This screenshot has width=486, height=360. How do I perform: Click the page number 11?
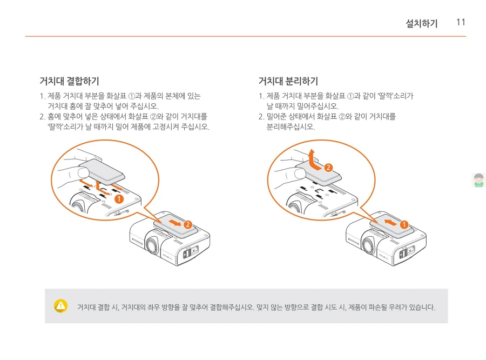point(461,22)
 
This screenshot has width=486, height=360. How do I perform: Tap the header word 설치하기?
point(422,23)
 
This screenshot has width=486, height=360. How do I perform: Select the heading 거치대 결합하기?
point(69,82)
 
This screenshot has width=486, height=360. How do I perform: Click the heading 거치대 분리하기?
point(288,82)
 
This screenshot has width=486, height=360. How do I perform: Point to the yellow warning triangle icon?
point(61,305)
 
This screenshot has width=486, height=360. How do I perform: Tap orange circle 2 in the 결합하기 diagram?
point(188,224)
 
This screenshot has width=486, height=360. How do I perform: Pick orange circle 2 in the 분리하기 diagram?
point(328,167)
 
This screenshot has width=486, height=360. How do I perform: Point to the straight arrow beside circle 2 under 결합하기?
point(174,222)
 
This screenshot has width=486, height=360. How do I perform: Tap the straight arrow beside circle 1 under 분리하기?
point(390,221)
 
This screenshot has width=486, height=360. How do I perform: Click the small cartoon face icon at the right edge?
point(478,180)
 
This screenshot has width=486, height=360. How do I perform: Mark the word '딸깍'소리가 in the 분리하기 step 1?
point(387,96)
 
